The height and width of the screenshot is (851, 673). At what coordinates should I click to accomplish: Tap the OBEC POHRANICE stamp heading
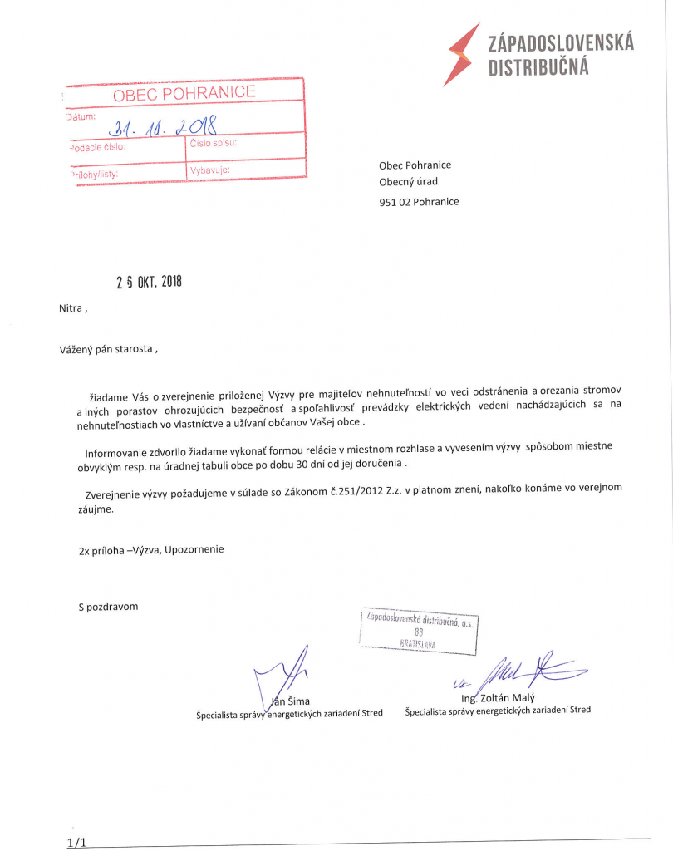pos(184,93)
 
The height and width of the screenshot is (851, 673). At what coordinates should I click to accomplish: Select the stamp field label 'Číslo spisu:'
pos(214,143)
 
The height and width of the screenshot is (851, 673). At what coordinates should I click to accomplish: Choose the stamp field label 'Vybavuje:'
pos(209,171)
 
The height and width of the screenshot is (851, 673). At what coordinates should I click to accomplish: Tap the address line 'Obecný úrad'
pos(408,182)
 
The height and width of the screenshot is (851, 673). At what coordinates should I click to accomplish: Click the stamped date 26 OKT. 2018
pos(148,282)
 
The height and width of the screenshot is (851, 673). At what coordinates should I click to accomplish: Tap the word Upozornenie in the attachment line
pos(194,549)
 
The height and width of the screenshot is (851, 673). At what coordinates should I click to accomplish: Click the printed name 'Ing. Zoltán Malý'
pos(498,698)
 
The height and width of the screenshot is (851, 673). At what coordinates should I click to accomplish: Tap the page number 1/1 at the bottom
pos(76,843)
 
